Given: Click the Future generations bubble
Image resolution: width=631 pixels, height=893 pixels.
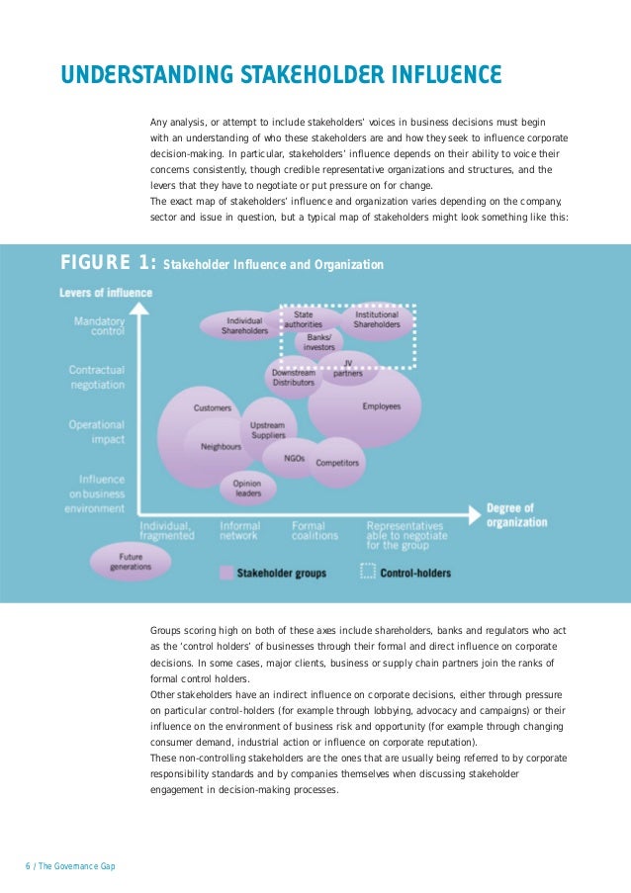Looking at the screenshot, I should coord(130,562).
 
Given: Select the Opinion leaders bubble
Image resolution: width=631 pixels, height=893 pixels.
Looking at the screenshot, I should coord(247,486).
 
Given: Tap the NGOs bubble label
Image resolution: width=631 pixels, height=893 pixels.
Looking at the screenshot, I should coord(294,458).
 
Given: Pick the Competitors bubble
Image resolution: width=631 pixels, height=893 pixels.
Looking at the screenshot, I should coord(337,462).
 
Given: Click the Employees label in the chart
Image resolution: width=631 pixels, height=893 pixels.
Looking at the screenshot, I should coord(381,406).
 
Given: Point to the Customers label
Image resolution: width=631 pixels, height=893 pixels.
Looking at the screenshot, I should coord(213,407).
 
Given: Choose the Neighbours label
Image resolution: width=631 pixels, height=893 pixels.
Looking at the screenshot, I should coord(221,446).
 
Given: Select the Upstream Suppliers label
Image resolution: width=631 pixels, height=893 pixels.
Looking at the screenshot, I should coord(268,429).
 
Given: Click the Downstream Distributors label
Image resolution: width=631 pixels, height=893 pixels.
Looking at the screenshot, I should coord(294,377).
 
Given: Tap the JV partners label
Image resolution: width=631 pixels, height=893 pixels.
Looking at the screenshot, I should coord(347,368).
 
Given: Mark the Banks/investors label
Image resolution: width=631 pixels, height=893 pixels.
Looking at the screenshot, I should coord(319,342).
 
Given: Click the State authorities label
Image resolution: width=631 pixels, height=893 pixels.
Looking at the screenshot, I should coord(304,319).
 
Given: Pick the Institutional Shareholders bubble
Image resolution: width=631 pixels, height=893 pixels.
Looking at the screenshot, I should coord(377,319).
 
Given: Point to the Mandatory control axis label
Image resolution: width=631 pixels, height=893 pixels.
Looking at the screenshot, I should coord(100,326).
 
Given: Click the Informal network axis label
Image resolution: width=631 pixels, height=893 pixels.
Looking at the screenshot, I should coord(239,531).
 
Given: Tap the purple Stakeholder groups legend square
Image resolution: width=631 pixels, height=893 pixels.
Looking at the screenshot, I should coord(226,572).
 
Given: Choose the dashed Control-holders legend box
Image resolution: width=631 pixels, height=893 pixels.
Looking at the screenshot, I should coord(368,572).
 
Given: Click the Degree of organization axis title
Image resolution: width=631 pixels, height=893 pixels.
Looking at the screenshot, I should coord(516,515).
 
